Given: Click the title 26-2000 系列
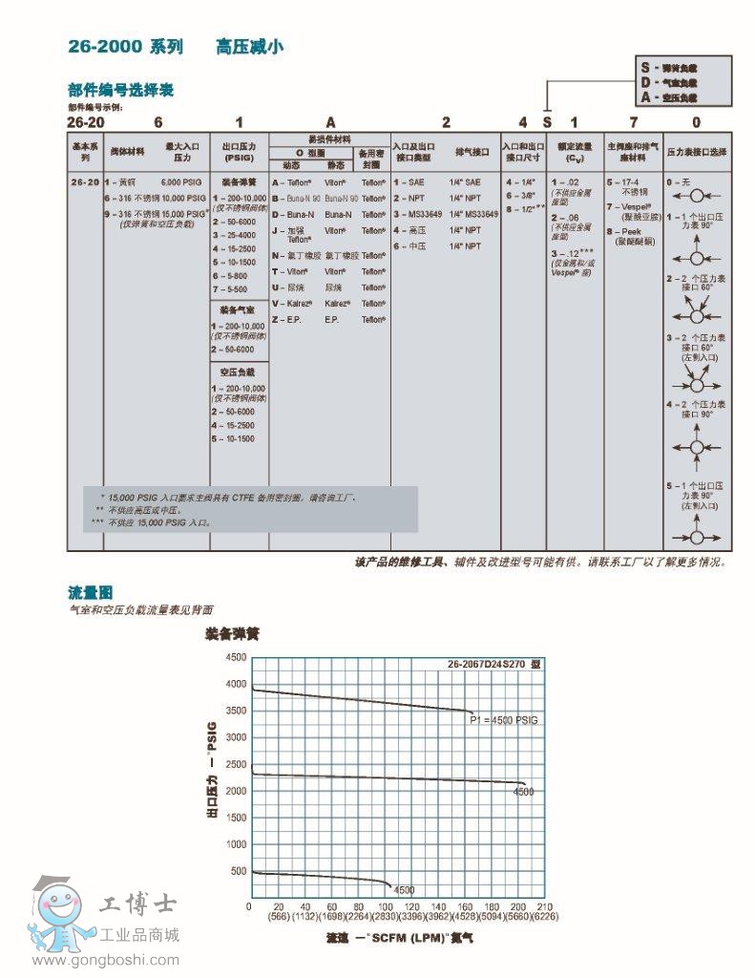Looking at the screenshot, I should [125, 46].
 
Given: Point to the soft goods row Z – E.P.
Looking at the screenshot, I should [287, 319].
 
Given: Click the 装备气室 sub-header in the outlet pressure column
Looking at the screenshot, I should [237, 310].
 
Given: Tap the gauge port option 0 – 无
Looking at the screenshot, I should [677, 181].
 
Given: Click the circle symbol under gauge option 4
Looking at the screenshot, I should [697, 447].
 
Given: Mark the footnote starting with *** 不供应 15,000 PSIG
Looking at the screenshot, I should [153, 522].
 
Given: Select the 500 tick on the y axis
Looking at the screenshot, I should [237, 871].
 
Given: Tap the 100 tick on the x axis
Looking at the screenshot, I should [386, 905].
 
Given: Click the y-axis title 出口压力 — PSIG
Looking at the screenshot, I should [212, 772].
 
